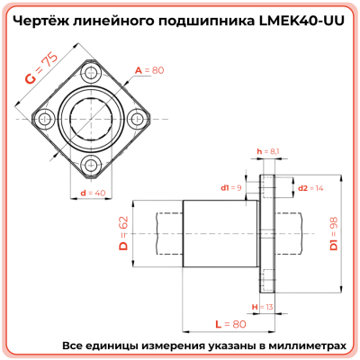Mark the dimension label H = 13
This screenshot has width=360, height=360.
pyautogui.click(x=263, y=306)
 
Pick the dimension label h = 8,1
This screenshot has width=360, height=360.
pyautogui.click(x=268, y=151)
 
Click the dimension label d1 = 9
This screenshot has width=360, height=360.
pyautogui.click(x=231, y=188)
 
